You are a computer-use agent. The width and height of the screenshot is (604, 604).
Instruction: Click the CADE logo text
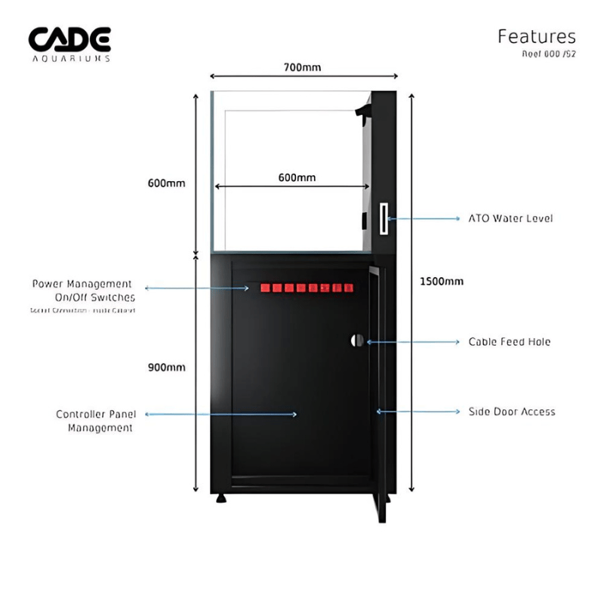coord(69,39)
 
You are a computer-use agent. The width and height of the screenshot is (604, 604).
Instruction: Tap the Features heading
coord(536,36)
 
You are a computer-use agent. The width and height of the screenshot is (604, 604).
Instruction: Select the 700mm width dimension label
coord(302,67)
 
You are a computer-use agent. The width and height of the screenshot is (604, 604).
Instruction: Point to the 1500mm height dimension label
coord(442,282)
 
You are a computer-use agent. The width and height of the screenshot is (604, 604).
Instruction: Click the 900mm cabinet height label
coord(167,367)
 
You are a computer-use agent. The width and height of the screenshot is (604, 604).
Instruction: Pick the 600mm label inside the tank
coord(297,177)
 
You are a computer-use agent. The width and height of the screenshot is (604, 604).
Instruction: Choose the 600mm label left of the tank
coord(167,183)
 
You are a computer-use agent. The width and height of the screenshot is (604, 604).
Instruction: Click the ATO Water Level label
coord(510,218)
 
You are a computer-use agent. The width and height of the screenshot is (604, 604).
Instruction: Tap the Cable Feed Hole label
coord(510,342)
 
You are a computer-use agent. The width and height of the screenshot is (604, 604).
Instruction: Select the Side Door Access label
coord(512,411)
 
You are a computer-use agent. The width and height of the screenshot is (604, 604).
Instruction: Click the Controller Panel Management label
coord(94,421)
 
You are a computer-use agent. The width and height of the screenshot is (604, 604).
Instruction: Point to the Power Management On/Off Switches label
coord(83,291)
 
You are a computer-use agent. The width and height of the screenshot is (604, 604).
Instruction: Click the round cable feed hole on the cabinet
coord(357,341)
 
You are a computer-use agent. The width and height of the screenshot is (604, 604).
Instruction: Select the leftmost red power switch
coord(265,288)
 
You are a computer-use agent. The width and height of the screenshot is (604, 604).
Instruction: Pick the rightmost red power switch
coord(348,288)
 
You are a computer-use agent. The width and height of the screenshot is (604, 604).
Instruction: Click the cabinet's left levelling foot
coord(220,498)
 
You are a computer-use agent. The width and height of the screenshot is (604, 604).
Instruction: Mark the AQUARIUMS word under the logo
coord(69,57)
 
